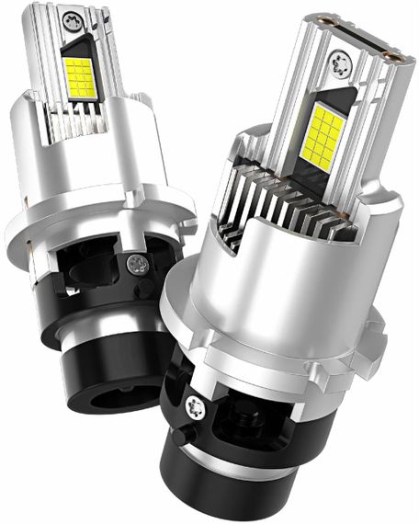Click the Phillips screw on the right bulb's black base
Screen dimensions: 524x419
click(197, 405)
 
